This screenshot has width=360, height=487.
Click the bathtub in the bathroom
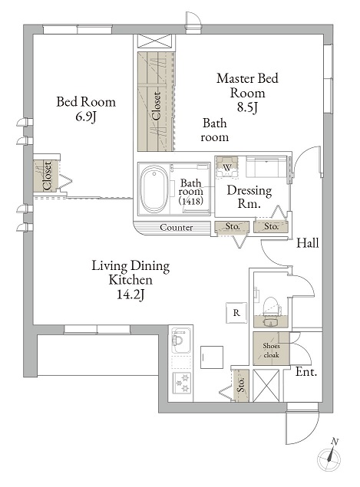point(154,189)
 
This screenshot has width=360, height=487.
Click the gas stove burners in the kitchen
point(181,383)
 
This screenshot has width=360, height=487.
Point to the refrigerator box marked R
point(236,312)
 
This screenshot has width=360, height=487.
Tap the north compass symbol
point(329,458)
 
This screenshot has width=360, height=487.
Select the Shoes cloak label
point(271,350)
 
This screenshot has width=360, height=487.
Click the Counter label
point(176,227)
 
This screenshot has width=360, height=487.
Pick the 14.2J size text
point(130,295)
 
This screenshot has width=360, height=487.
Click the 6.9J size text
point(86,117)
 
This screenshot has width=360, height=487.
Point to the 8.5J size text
point(247,107)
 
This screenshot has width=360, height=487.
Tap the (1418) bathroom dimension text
point(191,201)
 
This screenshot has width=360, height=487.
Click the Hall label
point(308,242)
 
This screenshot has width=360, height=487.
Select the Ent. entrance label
point(306,371)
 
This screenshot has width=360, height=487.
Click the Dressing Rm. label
point(249,196)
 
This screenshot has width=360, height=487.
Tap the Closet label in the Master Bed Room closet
point(157,106)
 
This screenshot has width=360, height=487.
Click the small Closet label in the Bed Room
point(48,176)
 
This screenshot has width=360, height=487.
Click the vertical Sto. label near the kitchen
point(242,384)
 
